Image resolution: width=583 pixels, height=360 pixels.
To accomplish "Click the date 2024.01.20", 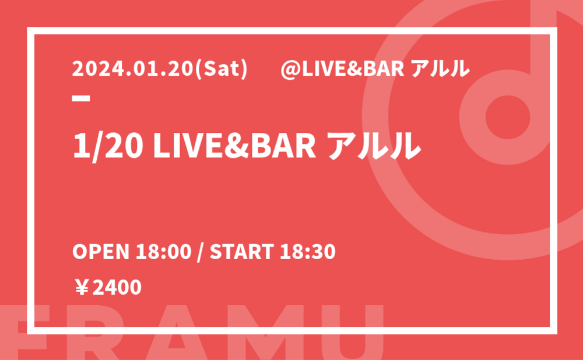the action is tap(133, 69).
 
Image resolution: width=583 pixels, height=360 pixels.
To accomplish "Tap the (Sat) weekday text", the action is tap(221, 69).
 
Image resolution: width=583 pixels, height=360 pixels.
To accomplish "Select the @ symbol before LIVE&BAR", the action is tap(290, 69).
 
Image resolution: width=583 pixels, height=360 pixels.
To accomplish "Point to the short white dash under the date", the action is tap(81, 98).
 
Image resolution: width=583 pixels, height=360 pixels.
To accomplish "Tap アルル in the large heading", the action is tap(375, 146).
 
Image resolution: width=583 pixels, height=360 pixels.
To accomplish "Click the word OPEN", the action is tap(101, 252).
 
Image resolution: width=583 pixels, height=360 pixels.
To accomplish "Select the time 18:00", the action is tap(163, 252).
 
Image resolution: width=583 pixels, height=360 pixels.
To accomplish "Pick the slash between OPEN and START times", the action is tap(201, 252).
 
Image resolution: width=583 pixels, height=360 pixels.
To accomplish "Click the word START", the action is tap(242, 252).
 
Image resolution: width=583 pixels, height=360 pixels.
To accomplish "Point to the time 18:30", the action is tap(308, 252).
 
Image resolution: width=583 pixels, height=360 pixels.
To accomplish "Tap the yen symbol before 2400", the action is tap(82, 288).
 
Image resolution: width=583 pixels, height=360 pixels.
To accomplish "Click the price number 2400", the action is tap(117, 288).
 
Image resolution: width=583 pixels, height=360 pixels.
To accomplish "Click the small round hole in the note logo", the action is tap(508, 117).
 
